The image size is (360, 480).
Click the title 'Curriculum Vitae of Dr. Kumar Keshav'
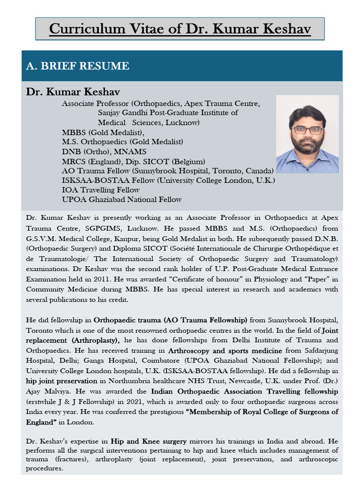tap(180, 29)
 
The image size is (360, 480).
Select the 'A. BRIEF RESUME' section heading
tap(77, 66)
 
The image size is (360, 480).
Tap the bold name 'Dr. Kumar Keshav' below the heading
tap(73, 91)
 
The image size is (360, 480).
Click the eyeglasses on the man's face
tap(307, 130)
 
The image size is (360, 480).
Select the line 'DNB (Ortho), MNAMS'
tap(104, 151)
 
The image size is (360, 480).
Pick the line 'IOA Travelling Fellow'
tap(101, 190)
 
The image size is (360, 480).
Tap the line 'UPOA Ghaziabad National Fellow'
tap(121, 199)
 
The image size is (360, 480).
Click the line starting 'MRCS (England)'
tap(133, 161)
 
